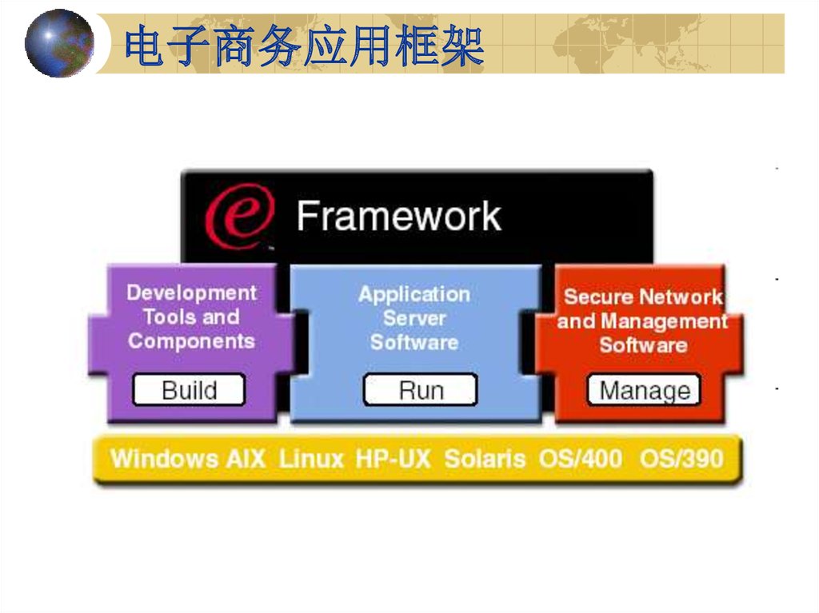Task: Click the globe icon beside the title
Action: (59, 43)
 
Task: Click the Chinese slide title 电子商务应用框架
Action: (304, 46)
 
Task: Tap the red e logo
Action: (240, 217)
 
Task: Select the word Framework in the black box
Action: (399, 216)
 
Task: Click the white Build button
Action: (189, 389)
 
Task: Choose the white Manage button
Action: (644, 390)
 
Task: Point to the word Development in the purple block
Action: (192, 293)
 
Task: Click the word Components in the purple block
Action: (192, 341)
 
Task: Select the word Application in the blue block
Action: (414, 294)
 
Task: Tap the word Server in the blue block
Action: (414, 318)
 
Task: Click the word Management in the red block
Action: (665, 321)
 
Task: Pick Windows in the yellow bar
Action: (165, 459)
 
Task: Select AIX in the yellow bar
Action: (246, 459)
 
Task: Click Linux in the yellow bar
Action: (311, 459)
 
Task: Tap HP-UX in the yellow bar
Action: (394, 459)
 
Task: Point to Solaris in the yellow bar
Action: (485, 459)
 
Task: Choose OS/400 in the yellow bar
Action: (581, 459)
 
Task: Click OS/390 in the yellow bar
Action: (681, 459)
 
